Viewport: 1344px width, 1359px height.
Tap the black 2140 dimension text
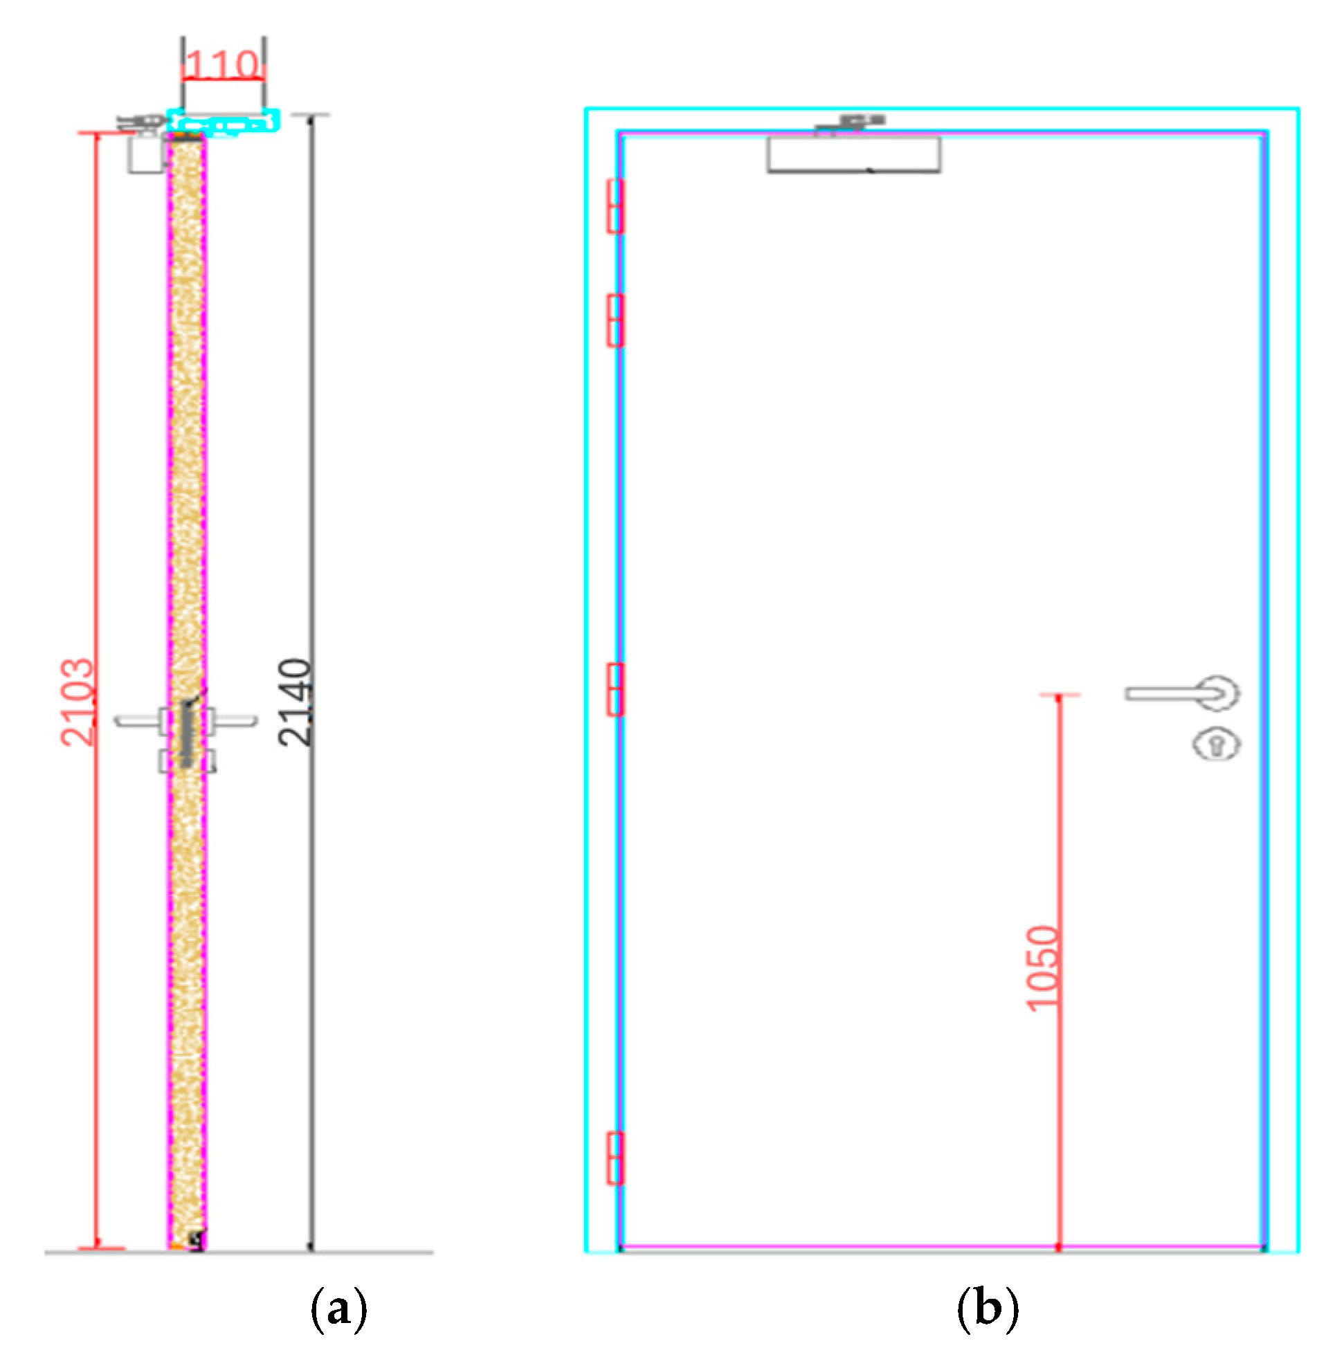point(294,702)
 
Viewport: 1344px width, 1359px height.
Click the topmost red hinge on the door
point(615,206)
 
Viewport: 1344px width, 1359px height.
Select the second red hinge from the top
point(615,321)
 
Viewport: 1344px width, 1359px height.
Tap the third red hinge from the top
point(615,689)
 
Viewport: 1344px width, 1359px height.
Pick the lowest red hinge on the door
point(615,1158)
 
